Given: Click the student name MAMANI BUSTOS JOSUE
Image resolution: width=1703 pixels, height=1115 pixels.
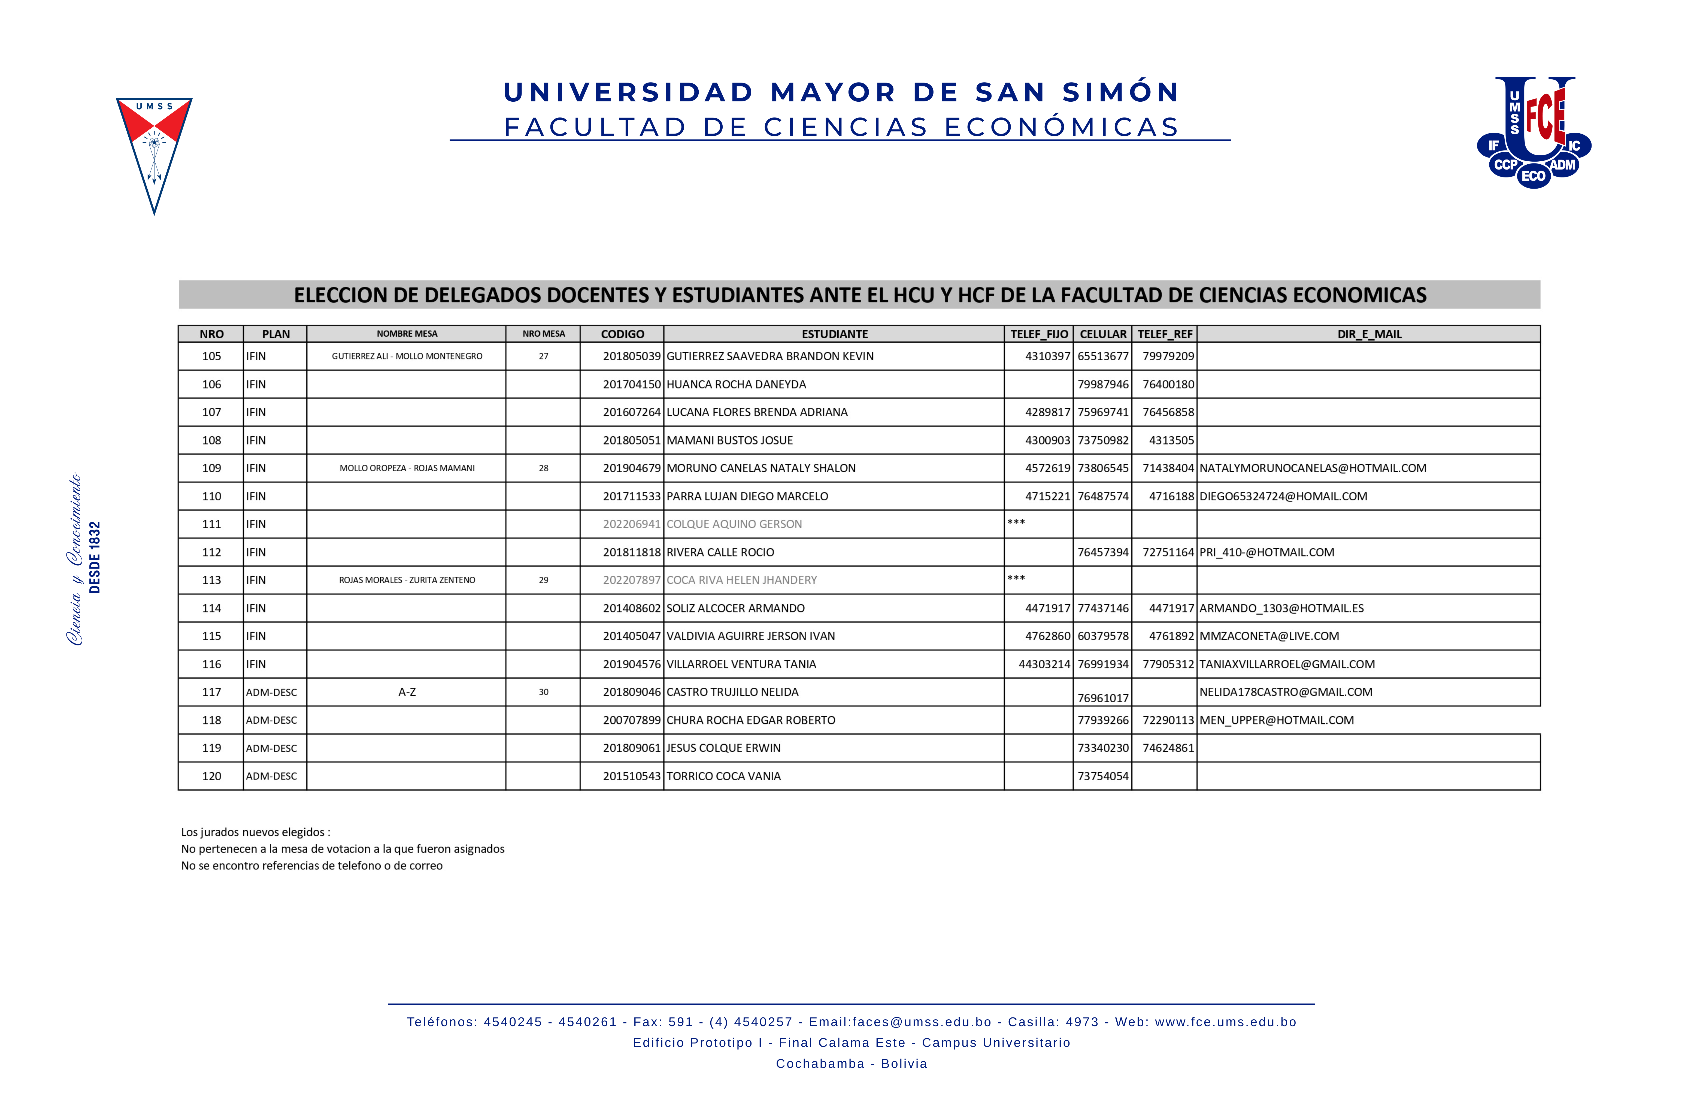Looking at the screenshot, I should pyautogui.click(x=729, y=440).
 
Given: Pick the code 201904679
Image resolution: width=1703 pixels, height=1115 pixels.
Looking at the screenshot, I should pyautogui.click(x=631, y=468).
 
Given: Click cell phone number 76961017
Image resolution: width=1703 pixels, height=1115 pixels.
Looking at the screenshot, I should pyautogui.click(x=1103, y=698).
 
